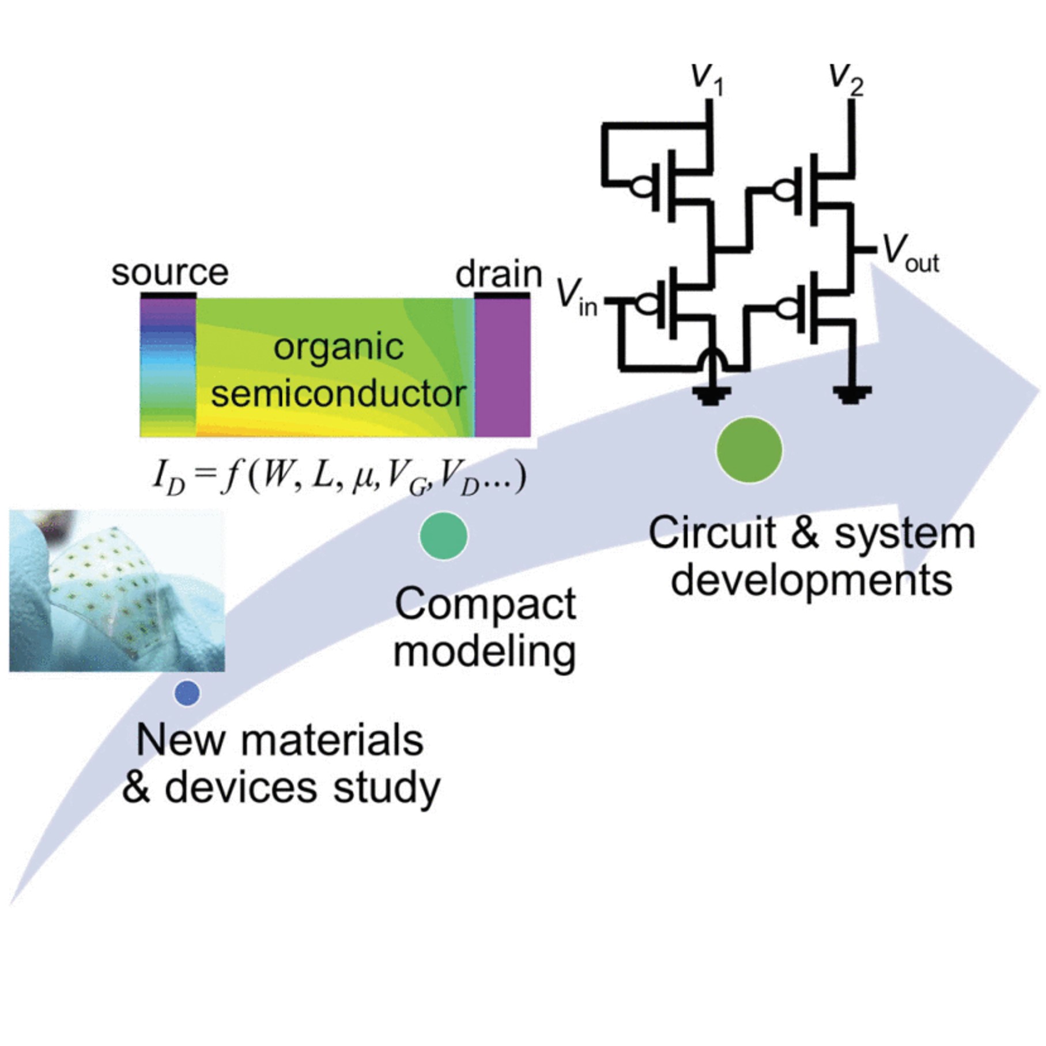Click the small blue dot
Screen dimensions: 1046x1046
click(x=187, y=693)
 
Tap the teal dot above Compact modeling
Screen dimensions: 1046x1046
click(x=443, y=535)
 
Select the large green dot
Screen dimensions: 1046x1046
click(x=749, y=450)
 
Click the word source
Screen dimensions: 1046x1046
click(x=170, y=273)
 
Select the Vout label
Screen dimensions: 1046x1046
click(x=911, y=254)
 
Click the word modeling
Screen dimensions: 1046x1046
click(x=485, y=652)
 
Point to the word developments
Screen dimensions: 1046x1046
click(x=811, y=580)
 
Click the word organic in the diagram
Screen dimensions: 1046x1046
click(x=338, y=348)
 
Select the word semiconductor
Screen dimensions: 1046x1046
click(x=338, y=394)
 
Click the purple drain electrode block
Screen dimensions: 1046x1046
click(x=503, y=367)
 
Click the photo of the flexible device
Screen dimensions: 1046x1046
click(x=117, y=590)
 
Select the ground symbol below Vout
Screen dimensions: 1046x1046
click(x=852, y=395)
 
